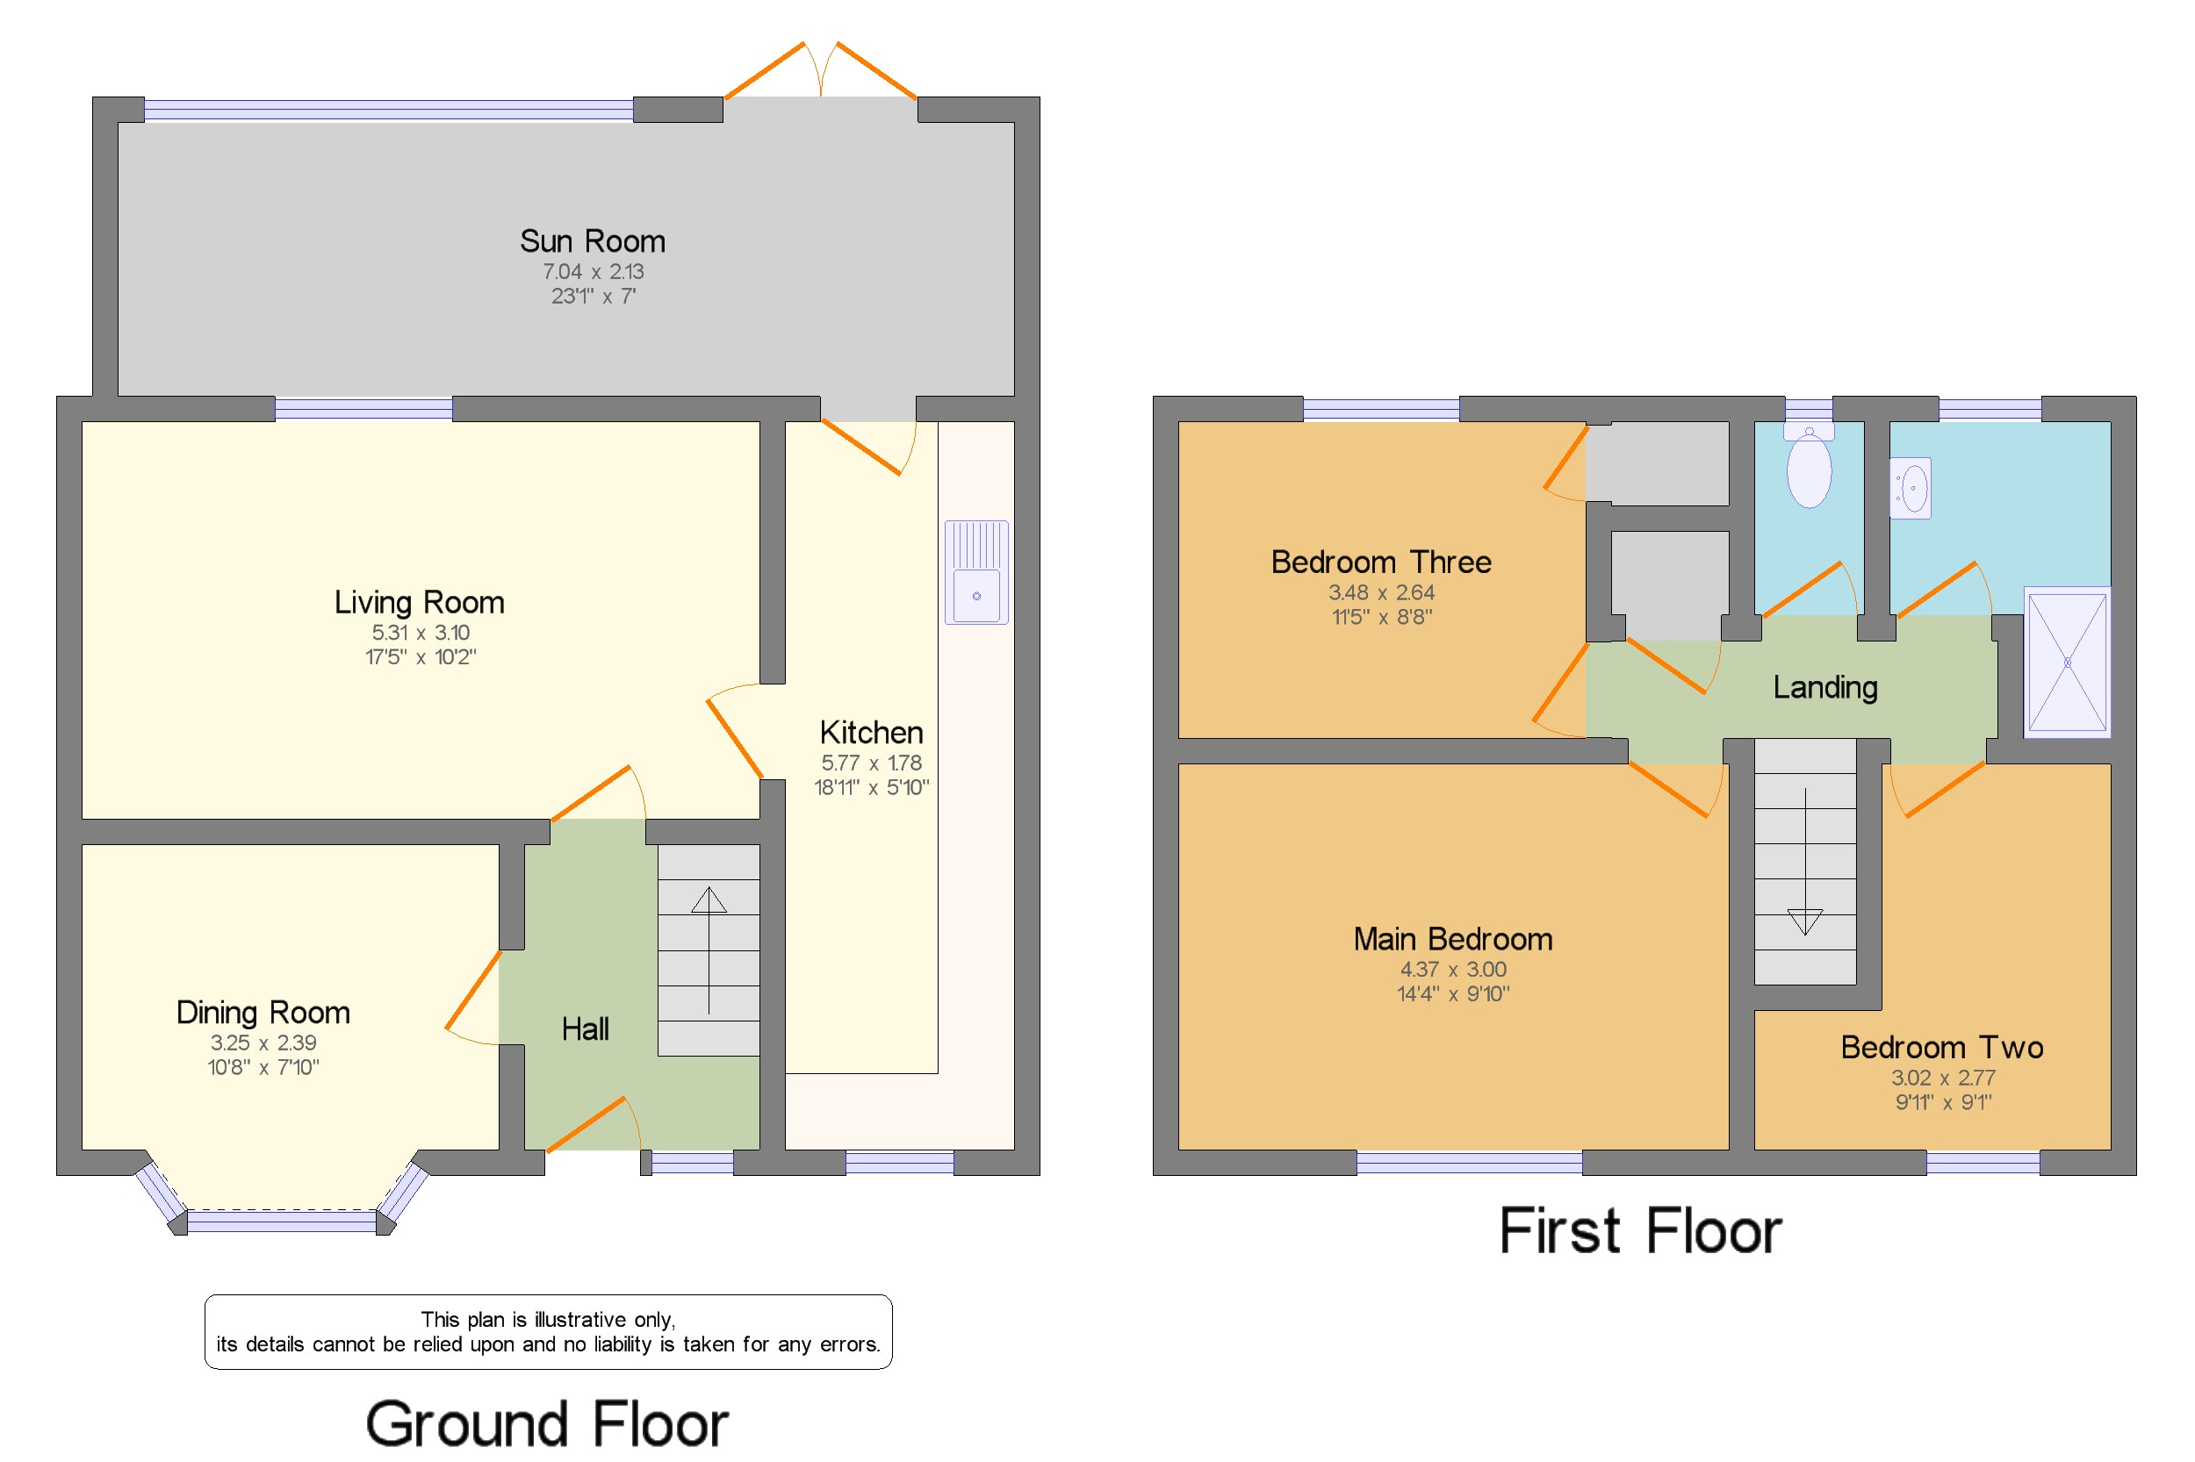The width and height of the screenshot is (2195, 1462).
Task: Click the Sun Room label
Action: coord(593,241)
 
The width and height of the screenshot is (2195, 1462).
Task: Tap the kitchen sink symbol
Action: coord(975,572)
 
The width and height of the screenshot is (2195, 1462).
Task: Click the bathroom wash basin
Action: coord(1911,487)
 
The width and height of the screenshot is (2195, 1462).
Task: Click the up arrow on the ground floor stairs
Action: coord(708,900)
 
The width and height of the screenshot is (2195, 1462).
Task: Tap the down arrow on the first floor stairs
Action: coord(1804,921)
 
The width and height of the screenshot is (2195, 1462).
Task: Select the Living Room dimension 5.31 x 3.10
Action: coord(420,632)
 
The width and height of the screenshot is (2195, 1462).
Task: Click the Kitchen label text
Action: coord(870,732)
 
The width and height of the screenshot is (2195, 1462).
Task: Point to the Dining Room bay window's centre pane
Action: coord(282,1221)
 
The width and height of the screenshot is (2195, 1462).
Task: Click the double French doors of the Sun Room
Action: coord(820,71)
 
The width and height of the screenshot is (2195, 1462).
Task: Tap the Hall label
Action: coord(585,1029)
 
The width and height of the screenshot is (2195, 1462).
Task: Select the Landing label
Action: coord(1824,687)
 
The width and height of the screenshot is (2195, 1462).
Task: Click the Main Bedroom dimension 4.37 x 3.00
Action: coord(1452,969)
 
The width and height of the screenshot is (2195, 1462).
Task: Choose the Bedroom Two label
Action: coord(1941,1047)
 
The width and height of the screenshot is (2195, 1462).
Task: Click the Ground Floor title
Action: coord(547,1423)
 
